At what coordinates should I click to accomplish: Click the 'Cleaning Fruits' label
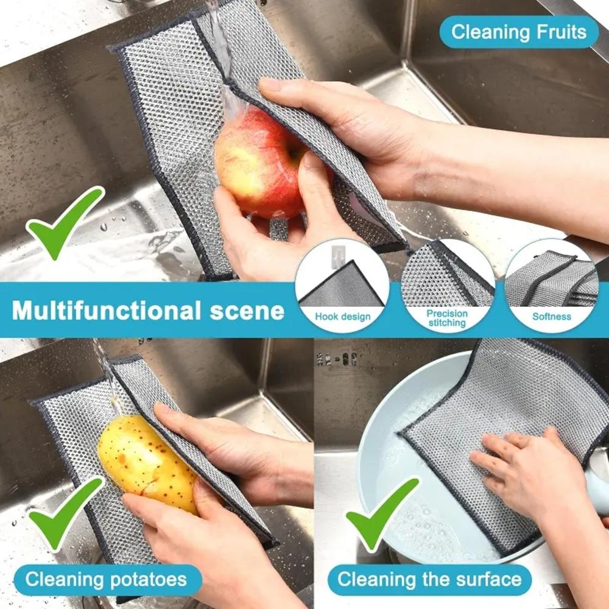pos(519,32)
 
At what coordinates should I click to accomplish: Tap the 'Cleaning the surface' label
pos(429,579)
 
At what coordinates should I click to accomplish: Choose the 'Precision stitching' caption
pos(447,318)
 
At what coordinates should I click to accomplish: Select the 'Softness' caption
pos(552,317)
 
